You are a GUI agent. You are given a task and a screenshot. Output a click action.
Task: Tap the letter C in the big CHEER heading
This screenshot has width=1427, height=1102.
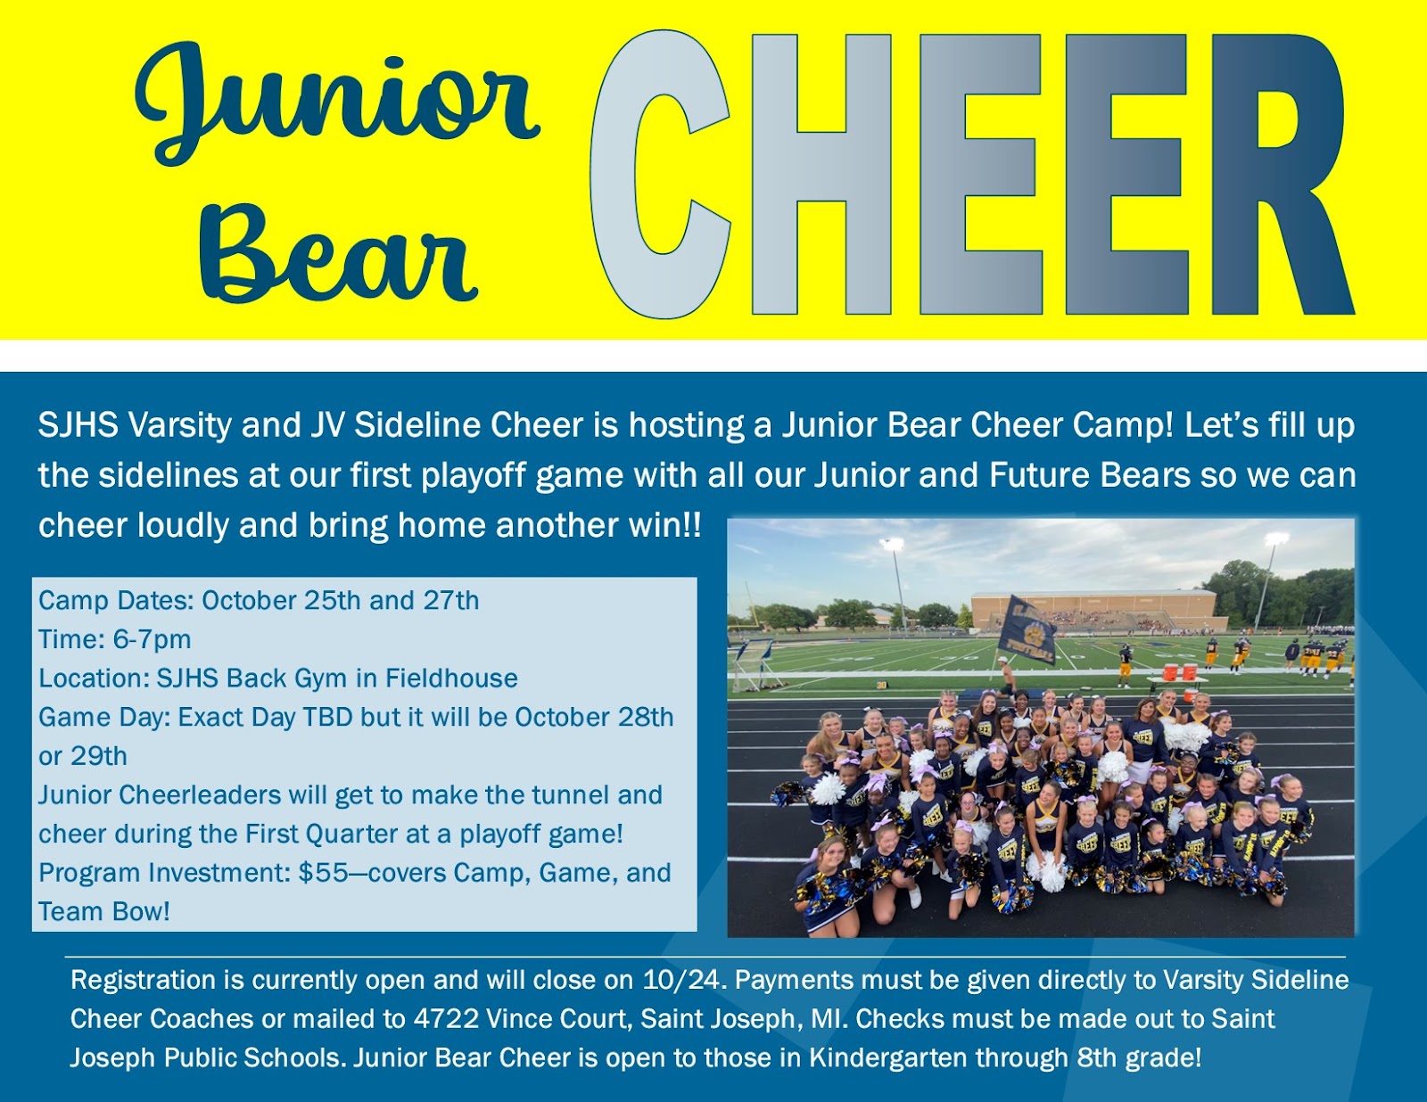[x=659, y=174]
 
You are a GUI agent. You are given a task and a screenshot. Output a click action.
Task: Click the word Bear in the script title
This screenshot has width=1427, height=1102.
[x=339, y=255]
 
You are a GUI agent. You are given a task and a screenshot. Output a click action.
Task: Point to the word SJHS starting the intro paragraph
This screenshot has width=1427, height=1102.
[x=78, y=425]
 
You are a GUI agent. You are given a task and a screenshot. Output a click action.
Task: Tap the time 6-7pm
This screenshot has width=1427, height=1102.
[x=153, y=639]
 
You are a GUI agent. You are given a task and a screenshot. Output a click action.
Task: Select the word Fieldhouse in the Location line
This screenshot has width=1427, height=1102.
[x=451, y=678]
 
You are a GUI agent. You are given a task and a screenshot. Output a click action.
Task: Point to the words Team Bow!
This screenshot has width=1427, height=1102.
[x=103, y=912]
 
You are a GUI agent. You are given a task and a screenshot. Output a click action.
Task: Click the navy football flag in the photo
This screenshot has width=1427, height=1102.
[x=1027, y=630]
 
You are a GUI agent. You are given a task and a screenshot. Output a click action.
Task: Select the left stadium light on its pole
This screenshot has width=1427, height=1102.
[x=893, y=544]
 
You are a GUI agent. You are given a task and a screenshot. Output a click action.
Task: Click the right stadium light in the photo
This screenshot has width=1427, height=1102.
[x=1276, y=539]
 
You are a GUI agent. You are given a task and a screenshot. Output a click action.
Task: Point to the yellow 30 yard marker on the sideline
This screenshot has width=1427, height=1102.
[x=881, y=686]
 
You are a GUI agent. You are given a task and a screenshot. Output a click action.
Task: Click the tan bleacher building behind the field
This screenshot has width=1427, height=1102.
[x=1093, y=608]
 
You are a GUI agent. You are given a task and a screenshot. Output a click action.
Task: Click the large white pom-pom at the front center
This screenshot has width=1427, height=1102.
[x=1047, y=871]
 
